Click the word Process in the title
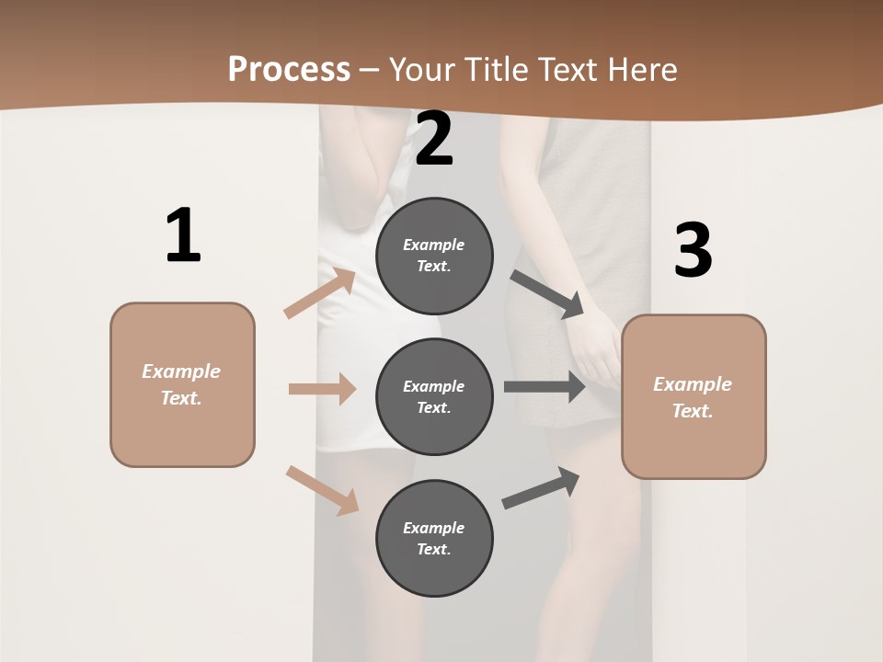click(289, 70)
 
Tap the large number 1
click(183, 235)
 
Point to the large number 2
click(434, 140)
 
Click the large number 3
click(693, 250)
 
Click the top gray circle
click(434, 256)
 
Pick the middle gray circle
click(434, 396)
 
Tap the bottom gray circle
click(434, 538)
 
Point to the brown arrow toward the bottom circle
click(322, 489)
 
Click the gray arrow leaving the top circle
click(547, 294)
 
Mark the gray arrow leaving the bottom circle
click(541, 488)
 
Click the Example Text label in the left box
click(181, 384)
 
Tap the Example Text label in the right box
click(693, 397)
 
